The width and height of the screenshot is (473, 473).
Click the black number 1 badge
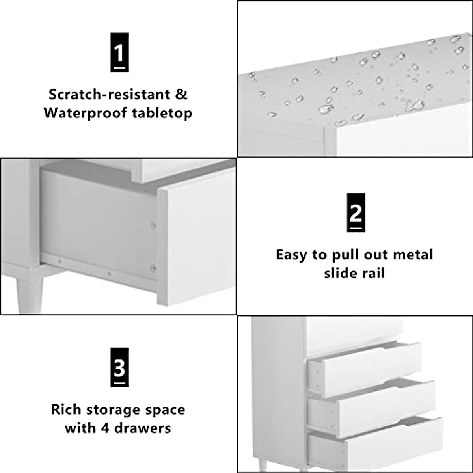click(x=119, y=52)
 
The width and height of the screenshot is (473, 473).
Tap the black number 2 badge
click(x=356, y=212)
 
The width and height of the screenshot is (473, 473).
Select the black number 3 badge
click(x=119, y=367)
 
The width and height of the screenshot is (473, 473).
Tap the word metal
click(x=412, y=255)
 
